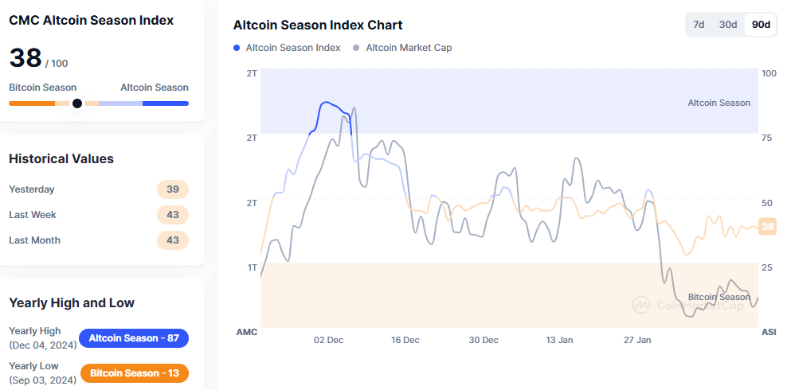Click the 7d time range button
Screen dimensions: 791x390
click(699, 25)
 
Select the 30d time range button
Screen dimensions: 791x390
click(728, 25)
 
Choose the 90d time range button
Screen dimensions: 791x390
click(761, 25)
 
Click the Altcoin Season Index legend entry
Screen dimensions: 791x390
click(287, 48)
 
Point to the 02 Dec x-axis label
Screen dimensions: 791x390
click(328, 340)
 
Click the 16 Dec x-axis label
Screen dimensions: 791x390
click(405, 340)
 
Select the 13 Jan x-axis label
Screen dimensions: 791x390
click(559, 340)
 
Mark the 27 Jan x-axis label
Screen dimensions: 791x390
click(637, 340)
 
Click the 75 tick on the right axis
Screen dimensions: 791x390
click(767, 138)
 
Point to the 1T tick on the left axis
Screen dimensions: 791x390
click(253, 267)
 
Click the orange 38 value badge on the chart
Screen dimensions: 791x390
click(767, 227)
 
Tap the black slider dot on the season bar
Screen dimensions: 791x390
click(77, 103)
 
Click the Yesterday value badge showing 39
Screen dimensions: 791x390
click(173, 189)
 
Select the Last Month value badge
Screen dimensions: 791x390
click(173, 240)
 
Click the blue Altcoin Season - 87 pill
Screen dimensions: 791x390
click(134, 338)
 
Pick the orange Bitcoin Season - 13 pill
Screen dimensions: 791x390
click(134, 373)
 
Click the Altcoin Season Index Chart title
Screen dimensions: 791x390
click(318, 25)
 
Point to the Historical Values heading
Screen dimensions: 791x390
click(61, 158)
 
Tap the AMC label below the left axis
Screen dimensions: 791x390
click(247, 332)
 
